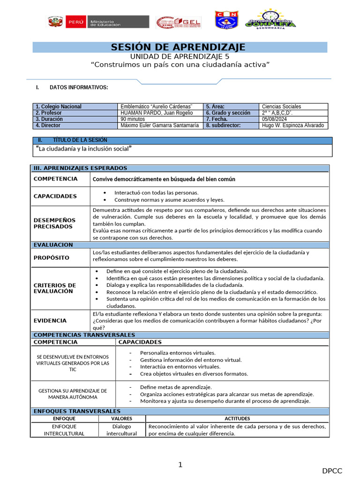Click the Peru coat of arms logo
pos(55,22)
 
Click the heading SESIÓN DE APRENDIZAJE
pos(178,47)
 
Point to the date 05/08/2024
pos(275,119)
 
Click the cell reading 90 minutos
pos(133,119)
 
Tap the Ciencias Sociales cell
pos(281,106)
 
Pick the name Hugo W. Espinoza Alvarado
pos(292,126)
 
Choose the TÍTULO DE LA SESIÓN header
pos(80,140)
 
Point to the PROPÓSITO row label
pos(52,258)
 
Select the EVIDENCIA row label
pos(50,321)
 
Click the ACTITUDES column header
pos(237,419)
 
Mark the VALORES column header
pos(121,419)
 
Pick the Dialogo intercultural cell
pos(121,430)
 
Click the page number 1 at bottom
pos(180,465)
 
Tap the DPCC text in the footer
pos(332,471)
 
